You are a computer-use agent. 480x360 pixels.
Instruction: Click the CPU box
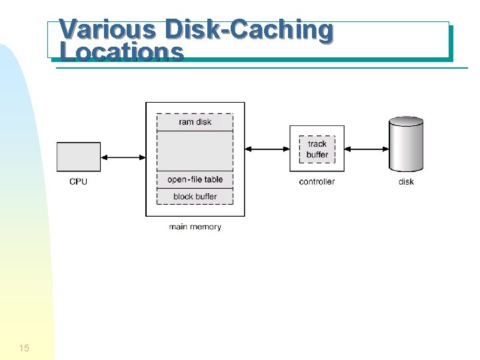tap(79, 157)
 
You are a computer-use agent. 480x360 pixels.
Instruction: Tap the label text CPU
tap(79, 182)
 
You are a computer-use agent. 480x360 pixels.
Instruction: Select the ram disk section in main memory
tap(195, 122)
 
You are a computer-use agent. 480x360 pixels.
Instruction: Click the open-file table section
tap(195, 179)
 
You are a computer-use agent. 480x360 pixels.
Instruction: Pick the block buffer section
tap(195, 197)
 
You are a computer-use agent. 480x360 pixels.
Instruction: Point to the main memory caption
tap(195, 227)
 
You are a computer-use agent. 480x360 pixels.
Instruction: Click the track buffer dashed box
tap(317, 149)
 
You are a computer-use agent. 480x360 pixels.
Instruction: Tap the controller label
tap(317, 182)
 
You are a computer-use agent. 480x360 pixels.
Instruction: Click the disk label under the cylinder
tap(406, 182)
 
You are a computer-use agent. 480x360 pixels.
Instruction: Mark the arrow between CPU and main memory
tap(123, 157)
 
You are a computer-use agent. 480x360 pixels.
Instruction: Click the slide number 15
tap(25, 348)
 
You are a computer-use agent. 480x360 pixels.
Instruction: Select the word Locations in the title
tap(121, 52)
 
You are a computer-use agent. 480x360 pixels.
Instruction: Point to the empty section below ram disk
tap(195, 151)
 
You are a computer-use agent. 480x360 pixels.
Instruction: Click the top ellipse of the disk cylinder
tap(406, 121)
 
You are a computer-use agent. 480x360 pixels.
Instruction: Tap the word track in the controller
tap(317, 144)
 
